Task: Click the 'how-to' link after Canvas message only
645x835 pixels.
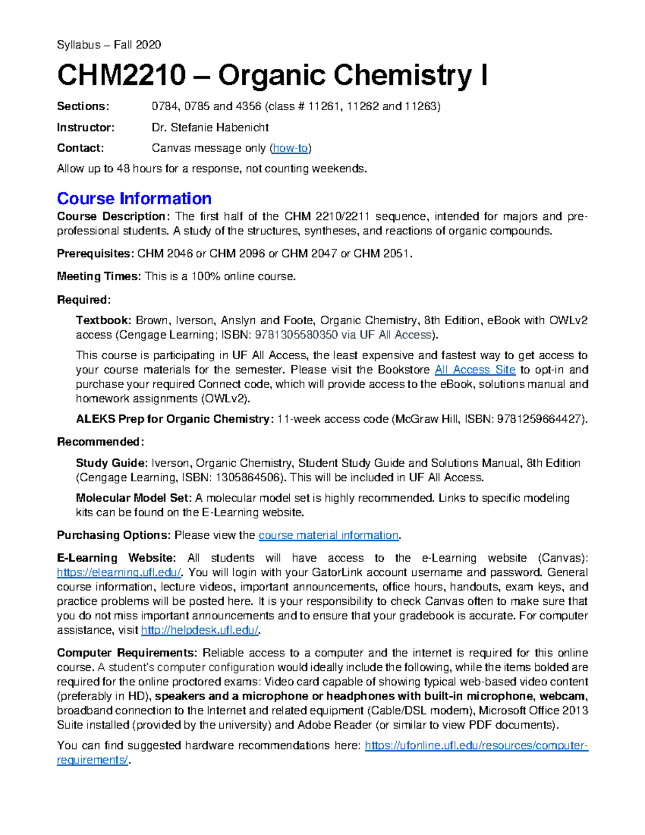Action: click(291, 148)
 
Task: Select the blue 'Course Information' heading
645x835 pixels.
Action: click(134, 198)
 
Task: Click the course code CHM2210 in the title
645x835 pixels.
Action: click(121, 75)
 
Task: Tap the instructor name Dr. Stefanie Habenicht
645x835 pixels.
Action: click(210, 127)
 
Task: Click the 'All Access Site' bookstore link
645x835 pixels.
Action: click(475, 370)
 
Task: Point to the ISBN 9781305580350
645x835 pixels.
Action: click(296, 335)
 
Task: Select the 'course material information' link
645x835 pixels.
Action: click(328, 536)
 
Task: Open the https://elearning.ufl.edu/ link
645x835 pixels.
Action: click(119, 573)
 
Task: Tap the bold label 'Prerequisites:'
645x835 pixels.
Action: click(95, 254)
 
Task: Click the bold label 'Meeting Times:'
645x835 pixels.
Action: click(99, 277)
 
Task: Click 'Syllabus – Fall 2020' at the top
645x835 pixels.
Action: click(109, 45)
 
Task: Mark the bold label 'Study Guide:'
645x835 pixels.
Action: click(111, 463)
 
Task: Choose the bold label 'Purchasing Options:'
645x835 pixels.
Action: click(114, 536)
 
